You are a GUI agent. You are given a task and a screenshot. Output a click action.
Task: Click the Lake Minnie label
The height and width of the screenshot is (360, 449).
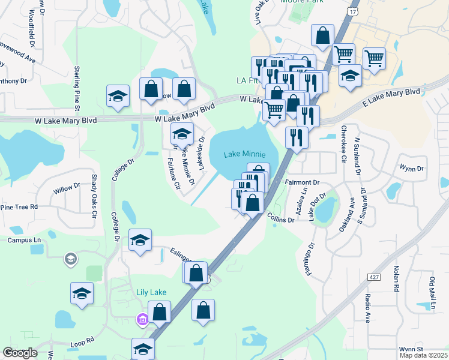click(x=244, y=154)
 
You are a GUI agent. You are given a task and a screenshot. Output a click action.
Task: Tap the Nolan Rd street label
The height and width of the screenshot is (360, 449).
click(x=397, y=278)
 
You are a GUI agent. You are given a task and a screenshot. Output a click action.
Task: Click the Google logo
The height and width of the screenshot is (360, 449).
click(x=20, y=353)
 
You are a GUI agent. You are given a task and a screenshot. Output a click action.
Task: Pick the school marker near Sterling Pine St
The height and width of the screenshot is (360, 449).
click(x=118, y=95)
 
